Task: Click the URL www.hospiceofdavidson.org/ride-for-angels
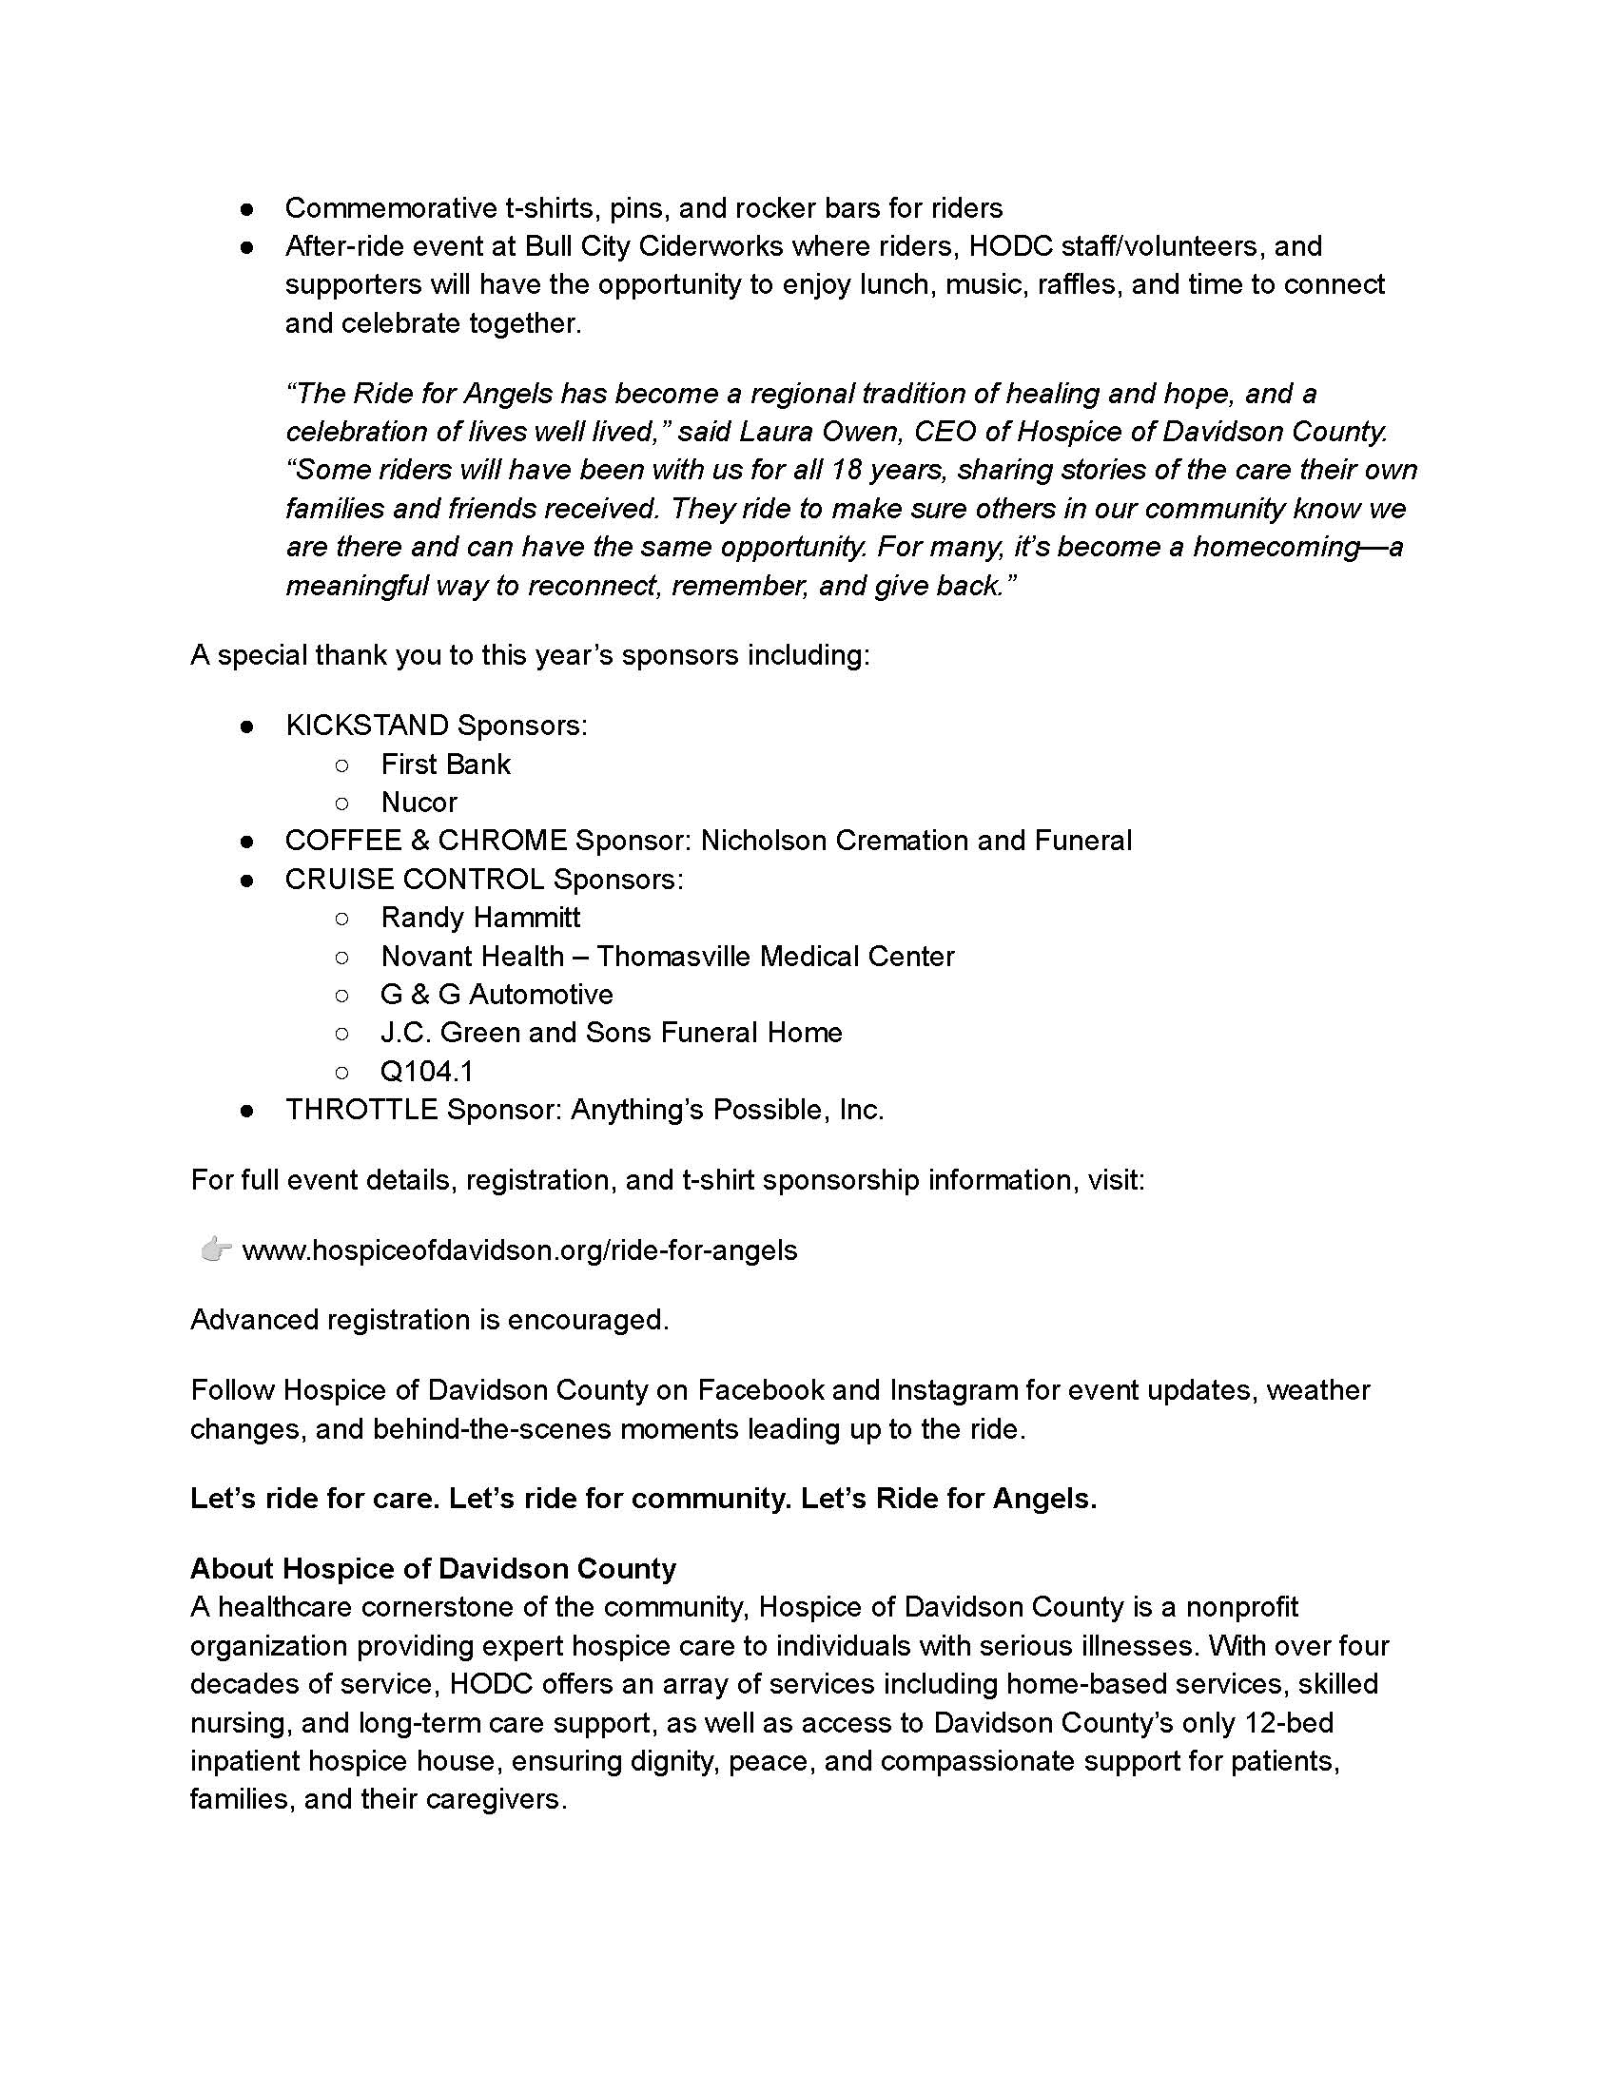[x=518, y=1250]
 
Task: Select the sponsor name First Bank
[x=445, y=764]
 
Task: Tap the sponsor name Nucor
[x=419, y=802]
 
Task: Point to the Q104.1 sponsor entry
[x=426, y=1071]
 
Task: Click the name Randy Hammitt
[x=480, y=917]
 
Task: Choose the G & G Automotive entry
[x=497, y=995]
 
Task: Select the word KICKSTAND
[x=367, y=726]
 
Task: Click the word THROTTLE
[x=361, y=1109]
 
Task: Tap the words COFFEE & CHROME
[x=425, y=840]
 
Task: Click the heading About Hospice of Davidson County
[x=433, y=1568]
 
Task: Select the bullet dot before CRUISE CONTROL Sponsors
[x=246, y=880]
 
